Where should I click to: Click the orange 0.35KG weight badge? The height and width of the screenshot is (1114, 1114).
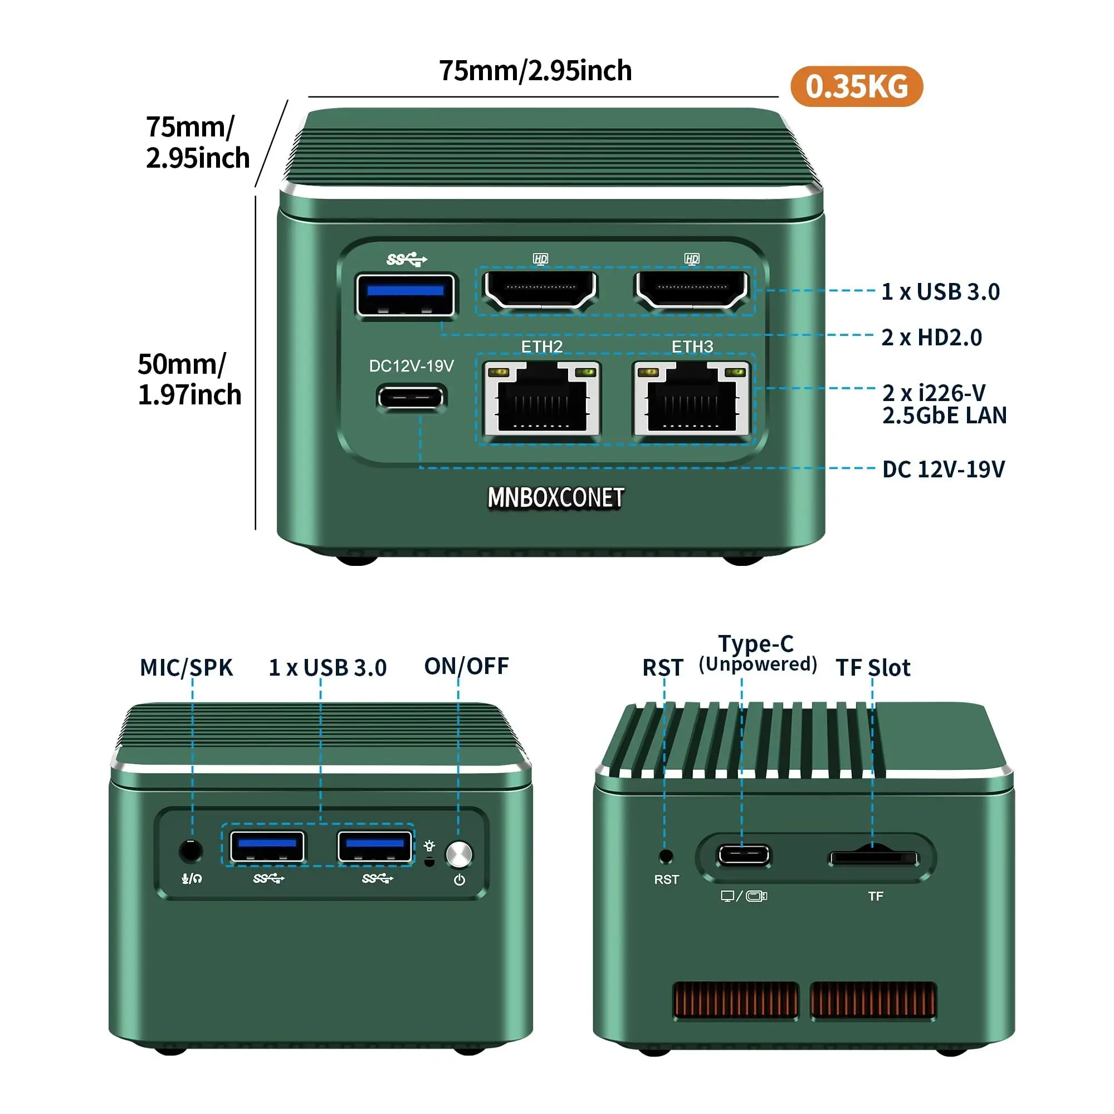tap(856, 86)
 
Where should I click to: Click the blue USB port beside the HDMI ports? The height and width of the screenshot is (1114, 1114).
tap(405, 295)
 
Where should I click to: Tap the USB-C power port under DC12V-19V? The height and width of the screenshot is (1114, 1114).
tap(411, 398)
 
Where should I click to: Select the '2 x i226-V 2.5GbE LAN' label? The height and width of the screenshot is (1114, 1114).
tap(944, 404)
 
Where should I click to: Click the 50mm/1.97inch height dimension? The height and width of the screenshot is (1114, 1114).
tap(189, 379)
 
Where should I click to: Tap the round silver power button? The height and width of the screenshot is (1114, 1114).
tap(459, 854)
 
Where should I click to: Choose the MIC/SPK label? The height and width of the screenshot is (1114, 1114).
tap(186, 668)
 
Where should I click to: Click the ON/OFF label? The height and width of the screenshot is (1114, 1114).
tap(466, 667)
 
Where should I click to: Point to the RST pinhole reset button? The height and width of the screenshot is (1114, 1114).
tap(666, 856)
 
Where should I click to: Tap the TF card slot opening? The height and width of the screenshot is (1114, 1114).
tap(873, 858)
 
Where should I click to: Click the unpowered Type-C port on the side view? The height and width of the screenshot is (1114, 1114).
tap(743, 856)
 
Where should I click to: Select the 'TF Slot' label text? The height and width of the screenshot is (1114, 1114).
tap(873, 668)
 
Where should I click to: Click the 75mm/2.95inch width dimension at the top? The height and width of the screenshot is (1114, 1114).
tap(535, 71)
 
